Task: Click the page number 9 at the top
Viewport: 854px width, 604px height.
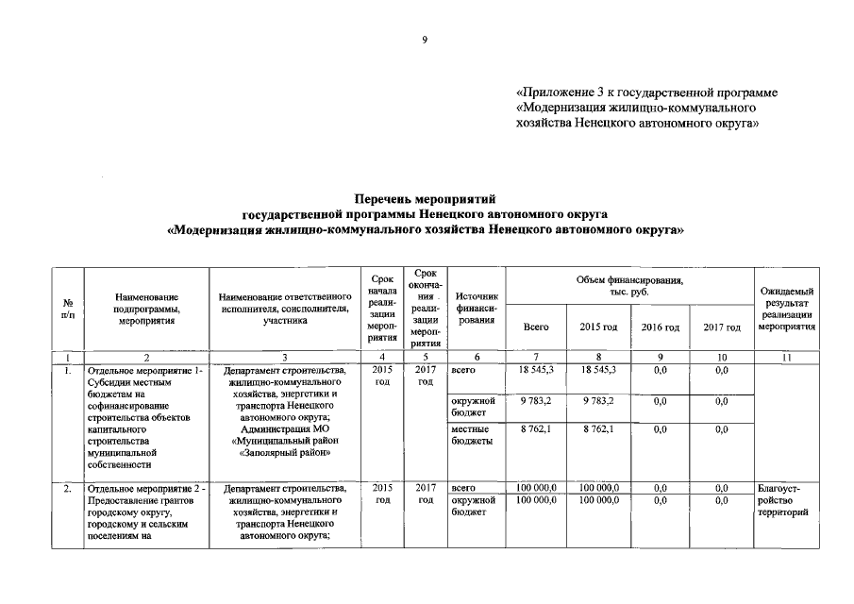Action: pyautogui.click(x=425, y=40)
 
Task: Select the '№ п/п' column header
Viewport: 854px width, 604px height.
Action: pyautogui.click(x=68, y=309)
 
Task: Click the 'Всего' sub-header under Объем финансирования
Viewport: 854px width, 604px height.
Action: pyautogui.click(x=536, y=327)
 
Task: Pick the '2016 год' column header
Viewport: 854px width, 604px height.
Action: pyautogui.click(x=660, y=327)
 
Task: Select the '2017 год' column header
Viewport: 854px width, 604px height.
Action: pyautogui.click(x=722, y=327)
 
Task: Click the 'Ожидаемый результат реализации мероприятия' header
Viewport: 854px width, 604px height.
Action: pyautogui.click(x=787, y=309)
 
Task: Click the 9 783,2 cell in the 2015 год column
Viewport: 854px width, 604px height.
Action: pyautogui.click(x=597, y=400)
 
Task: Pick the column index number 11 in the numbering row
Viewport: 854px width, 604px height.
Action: pyautogui.click(x=787, y=357)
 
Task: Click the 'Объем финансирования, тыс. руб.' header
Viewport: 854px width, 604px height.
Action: pyautogui.click(x=629, y=287)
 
